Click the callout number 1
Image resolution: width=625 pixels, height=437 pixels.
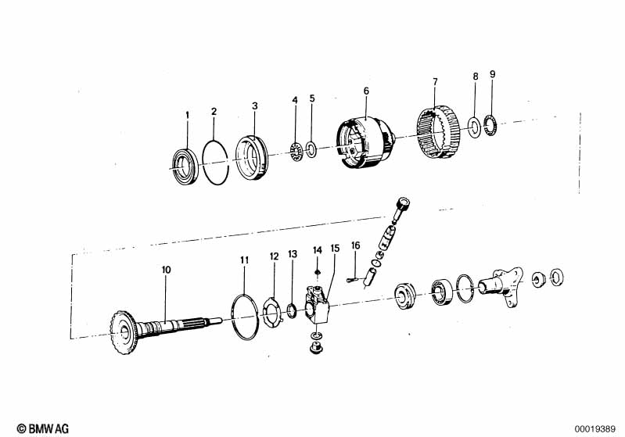(187, 116)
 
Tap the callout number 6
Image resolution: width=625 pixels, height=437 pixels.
(366, 91)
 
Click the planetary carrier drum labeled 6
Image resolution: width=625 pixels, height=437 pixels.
(365, 142)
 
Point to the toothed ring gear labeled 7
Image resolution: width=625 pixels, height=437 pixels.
(439, 133)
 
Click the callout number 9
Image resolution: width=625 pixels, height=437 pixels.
(493, 74)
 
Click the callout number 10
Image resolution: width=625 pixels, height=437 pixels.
(166, 270)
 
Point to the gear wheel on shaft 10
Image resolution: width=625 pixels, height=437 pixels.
(123, 332)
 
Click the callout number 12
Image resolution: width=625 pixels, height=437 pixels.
(275, 256)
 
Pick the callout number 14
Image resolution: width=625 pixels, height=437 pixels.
(318, 251)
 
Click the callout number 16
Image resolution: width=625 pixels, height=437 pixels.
(356, 245)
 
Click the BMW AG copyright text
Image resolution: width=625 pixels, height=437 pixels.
(43, 428)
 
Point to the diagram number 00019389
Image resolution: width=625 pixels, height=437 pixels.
(595, 429)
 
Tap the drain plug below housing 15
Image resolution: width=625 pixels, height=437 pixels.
(316, 349)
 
